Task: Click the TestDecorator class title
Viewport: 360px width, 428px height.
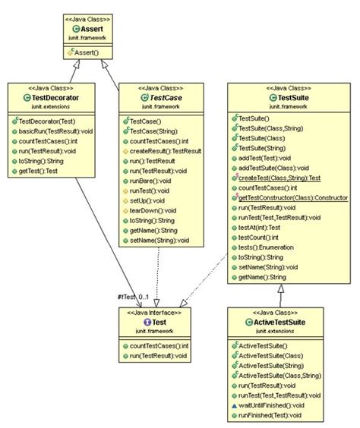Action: [52, 98]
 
